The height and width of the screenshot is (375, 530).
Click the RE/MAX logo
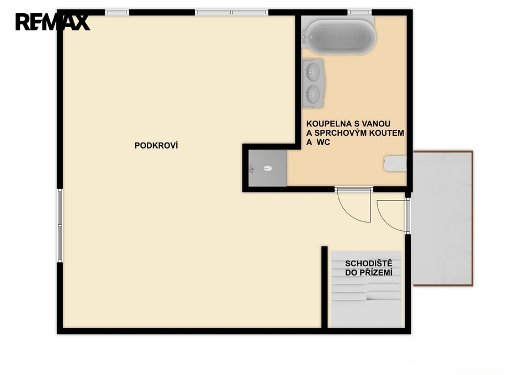[52, 22]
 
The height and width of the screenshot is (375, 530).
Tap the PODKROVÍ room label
[156, 145]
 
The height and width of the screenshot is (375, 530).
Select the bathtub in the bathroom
[339, 36]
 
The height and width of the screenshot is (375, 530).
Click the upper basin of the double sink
[313, 71]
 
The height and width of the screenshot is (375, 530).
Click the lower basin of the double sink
[313, 93]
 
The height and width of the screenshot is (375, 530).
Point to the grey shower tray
[267, 168]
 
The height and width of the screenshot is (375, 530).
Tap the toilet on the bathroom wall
[395, 163]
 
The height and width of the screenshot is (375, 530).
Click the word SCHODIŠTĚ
[368, 263]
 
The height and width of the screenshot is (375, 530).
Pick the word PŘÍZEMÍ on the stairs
[375, 272]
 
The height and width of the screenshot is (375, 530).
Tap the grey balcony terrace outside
[443, 219]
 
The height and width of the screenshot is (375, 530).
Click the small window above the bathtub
[359, 13]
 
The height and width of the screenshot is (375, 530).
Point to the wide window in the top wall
[231, 13]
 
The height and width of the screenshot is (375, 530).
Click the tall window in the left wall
[60, 225]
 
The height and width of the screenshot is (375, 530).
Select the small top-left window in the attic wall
[117, 13]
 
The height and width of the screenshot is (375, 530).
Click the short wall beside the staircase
[324, 287]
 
